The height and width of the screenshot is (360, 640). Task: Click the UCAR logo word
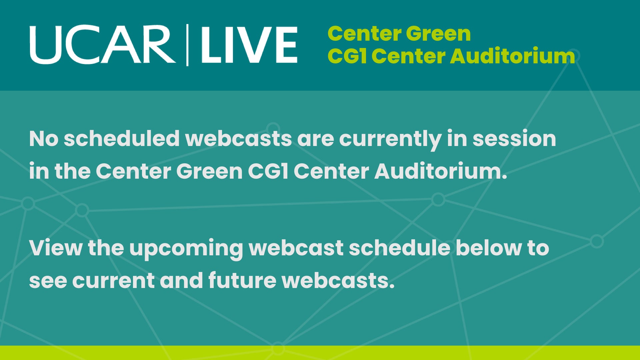(x=103, y=45)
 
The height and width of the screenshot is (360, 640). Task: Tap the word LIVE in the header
(x=249, y=45)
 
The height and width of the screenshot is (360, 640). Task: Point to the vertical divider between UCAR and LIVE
(x=187, y=45)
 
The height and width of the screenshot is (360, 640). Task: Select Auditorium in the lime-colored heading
(x=513, y=56)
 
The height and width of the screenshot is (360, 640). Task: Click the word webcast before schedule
(x=296, y=248)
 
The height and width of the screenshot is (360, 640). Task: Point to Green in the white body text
(x=209, y=171)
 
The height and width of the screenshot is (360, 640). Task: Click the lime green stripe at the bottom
(x=320, y=353)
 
